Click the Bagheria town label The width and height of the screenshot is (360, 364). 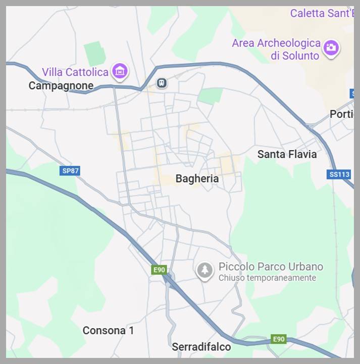[197, 178]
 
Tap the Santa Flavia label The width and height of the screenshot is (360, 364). [287, 154]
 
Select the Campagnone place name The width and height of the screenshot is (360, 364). [61, 85]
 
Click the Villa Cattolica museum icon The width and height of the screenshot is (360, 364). [120, 71]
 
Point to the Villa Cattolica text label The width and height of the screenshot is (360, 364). [75, 72]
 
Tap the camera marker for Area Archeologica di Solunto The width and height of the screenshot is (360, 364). [331, 48]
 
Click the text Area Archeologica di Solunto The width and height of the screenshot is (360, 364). [276, 49]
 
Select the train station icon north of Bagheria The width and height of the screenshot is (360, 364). [162, 82]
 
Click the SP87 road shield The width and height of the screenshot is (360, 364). [70, 171]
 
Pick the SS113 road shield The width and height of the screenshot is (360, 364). [339, 174]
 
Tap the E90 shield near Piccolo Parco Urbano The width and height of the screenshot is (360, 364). [160, 270]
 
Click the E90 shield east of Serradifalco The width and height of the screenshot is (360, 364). [279, 339]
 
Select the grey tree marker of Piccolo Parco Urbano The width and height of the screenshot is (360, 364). [204, 270]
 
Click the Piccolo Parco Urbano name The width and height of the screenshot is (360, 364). [271, 266]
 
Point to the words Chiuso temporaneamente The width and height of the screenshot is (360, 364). [267, 278]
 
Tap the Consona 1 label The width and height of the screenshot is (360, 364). [108, 331]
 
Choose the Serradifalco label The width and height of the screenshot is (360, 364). [201, 347]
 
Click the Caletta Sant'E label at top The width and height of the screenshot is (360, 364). [321, 13]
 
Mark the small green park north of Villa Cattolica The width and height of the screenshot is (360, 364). [94, 54]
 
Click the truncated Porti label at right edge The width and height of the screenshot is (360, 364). [341, 114]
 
